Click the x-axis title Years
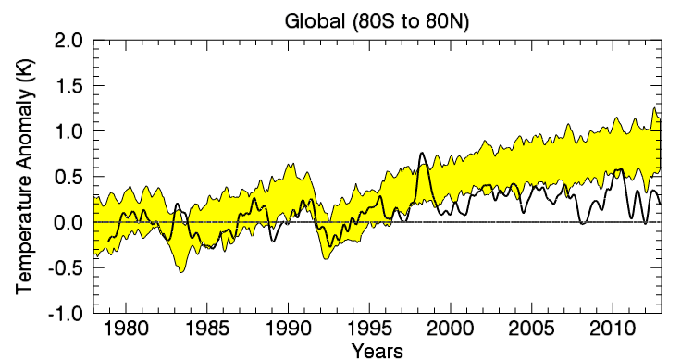[377, 350]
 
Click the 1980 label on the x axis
[126, 330]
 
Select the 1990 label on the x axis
[288, 330]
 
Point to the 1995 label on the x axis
[369, 330]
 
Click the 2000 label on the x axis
[450, 330]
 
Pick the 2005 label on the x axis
[531, 330]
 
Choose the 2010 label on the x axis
[612, 330]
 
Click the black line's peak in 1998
[422, 154]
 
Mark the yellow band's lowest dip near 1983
[181, 271]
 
